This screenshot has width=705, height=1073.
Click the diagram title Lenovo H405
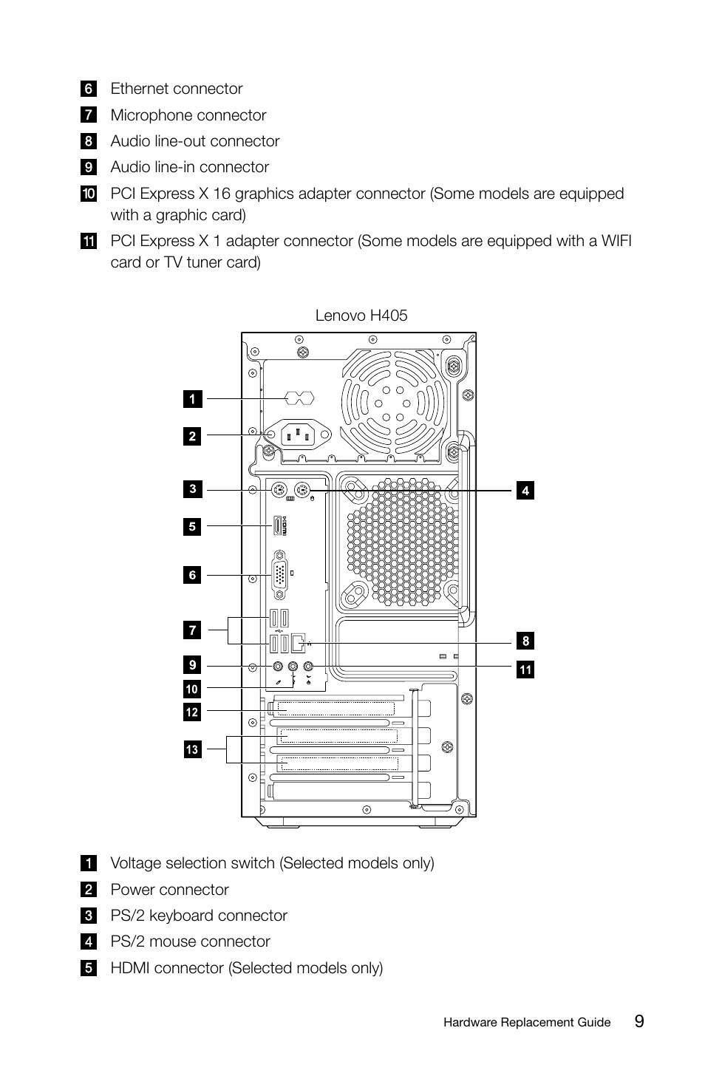pyautogui.click(x=361, y=316)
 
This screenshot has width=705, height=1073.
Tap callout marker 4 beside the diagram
pyautogui.click(x=525, y=490)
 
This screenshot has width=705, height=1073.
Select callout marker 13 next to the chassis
pyautogui.click(x=192, y=749)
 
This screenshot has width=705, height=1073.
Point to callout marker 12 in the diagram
pyautogui.click(x=192, y=712)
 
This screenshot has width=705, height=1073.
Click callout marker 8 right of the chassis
pyautogui.click(x=525, y=641)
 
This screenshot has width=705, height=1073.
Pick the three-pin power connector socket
pyautogui.click(x=298, y=435)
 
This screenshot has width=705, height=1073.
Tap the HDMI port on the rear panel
pyautogui.click(x=279, y=525)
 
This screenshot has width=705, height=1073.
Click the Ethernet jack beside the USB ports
pyautogui.click(x=298, y=643)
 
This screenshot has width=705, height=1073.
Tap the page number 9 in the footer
pyautogui.click(x=639, y=1021)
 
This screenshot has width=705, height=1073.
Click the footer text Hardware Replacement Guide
pyautogui.click(x=527, y=1023)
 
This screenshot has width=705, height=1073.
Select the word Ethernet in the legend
pyautogui.click(x=140, y=89)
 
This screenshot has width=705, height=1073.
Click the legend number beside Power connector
pyautogui.click(x=88, y=890)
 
